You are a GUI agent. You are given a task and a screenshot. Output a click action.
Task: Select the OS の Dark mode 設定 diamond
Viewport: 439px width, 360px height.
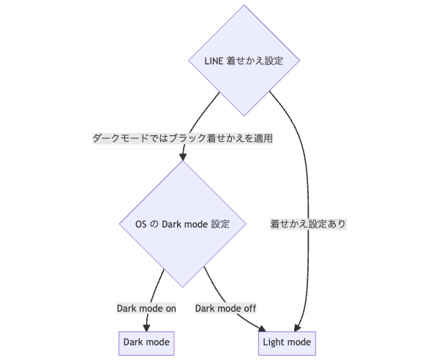coord(182,224)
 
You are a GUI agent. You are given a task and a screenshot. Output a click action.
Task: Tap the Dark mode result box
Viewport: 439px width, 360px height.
coord(147,342)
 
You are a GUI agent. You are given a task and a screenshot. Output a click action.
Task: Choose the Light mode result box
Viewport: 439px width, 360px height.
coord(286,342)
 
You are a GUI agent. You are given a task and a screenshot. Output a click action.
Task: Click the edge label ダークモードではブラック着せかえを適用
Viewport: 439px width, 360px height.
coord(182,138)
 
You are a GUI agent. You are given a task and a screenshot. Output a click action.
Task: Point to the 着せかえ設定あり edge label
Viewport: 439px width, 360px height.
coord(307,224)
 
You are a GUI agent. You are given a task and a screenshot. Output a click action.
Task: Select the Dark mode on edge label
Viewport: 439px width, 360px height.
coord(146,308)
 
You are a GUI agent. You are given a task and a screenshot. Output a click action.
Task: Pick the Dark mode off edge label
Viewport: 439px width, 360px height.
coord(225,308)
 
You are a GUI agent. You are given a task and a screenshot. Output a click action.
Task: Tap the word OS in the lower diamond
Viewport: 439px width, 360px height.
coord(142,225)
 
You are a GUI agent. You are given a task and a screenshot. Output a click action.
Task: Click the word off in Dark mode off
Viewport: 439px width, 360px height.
coord(248,308)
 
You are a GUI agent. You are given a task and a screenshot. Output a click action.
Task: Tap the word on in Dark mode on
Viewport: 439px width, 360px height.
coord(170,308)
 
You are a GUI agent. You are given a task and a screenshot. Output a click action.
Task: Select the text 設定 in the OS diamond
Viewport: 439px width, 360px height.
coord(220,225)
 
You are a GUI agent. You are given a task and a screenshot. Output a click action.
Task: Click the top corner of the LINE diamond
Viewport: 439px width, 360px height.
coord(244,6)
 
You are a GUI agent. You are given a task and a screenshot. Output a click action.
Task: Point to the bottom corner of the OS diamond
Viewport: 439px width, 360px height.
coord(182,287)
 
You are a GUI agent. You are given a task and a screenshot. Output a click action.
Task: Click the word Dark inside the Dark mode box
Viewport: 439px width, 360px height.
coord(134,342)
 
